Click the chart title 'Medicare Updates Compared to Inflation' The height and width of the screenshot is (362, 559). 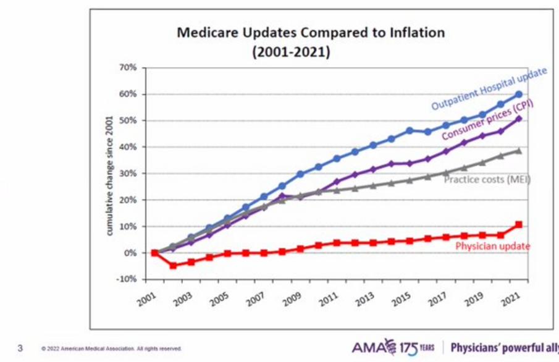(x=311, y=33)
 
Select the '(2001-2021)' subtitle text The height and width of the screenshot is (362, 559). (x=291, y=52)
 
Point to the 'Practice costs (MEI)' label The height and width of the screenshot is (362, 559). (x=487, y=179)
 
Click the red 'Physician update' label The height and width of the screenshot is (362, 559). (x=492, y=246)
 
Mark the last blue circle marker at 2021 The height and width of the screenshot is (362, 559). (x=519, y=95)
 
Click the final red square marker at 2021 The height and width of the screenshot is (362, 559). (x=519, y=224)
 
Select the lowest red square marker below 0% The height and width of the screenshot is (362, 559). (x=174, y=266)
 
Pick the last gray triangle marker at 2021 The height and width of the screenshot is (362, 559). (x=519, y=151)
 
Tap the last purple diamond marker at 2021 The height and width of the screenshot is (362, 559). (x=519, y=119)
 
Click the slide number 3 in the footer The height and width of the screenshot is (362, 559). (x=20, y=348)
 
